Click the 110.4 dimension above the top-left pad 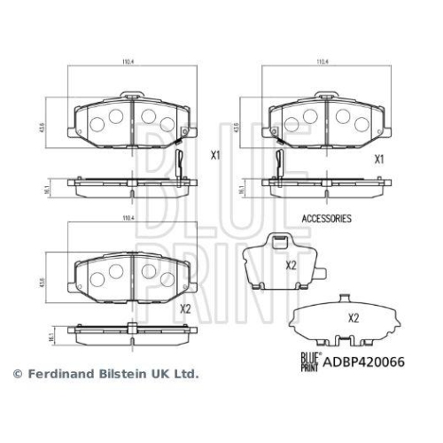point(127,62)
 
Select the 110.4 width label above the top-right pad point(323,62)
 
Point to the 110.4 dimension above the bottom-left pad point(127,217)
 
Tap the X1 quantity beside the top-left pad point(215,155)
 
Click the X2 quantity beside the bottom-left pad point(185,309)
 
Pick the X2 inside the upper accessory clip point(289,265)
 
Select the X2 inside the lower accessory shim point(354,317)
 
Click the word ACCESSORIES point(327,217)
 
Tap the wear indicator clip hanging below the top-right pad point(280,164)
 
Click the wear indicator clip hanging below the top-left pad point(180,164)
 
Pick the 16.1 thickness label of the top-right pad point(241,189)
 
